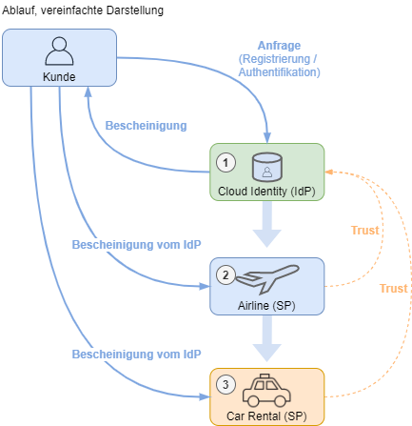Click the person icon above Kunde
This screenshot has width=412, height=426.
click(59, 51)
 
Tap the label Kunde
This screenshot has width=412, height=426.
click(59, 77)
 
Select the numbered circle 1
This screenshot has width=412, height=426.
click(226, 163)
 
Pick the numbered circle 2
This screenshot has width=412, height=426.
click(226, 274)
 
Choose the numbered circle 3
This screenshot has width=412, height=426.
click(226, 385)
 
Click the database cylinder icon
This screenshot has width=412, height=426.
click(267, 167)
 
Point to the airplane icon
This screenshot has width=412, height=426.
click(267, 278)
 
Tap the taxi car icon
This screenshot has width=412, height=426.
click(266, 390)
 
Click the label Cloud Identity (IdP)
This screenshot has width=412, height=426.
click(266, 192)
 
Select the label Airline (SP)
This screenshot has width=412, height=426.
click(266, 306)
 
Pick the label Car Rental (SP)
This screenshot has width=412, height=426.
click(266, 416)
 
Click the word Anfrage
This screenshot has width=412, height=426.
click(279, 46)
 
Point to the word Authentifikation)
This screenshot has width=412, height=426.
click(280, 72)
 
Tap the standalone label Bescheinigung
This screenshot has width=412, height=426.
click(146, 126)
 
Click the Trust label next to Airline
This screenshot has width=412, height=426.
click(365, 231)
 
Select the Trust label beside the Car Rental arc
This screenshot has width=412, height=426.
click(394, 289)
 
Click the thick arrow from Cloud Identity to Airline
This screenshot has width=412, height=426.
click(267, 224)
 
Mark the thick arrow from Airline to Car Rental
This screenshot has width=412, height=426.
click(267, 338)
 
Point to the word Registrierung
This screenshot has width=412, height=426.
click(276, 59)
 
